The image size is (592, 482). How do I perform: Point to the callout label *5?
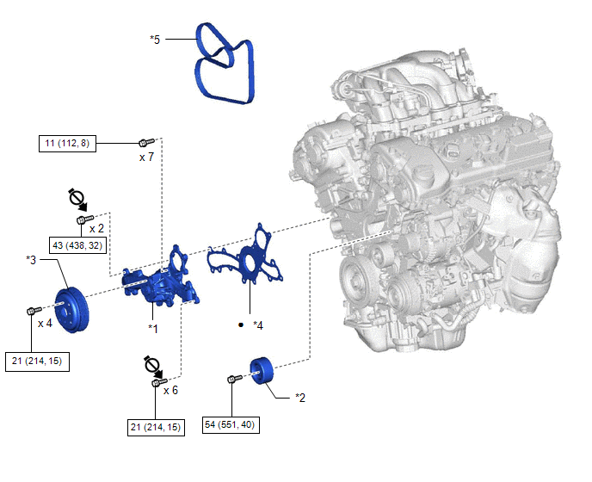(155, 40)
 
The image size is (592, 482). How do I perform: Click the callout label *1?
(153, 329)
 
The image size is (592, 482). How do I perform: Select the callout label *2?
(300, 398)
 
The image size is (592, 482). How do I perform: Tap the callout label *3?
(31, 260)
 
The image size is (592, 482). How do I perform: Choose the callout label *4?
(258, 325)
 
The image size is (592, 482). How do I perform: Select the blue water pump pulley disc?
(71, 311)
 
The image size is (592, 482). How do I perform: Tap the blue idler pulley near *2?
(262, 371)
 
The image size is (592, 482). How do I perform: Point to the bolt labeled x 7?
(146, 142)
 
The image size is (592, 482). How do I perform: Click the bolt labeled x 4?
(34, 311)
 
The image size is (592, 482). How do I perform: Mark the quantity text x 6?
(170, 390)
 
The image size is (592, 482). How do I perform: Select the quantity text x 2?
(96, 229)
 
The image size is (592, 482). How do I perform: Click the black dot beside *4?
(241, 324)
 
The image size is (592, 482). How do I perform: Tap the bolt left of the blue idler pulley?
(235, 379)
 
